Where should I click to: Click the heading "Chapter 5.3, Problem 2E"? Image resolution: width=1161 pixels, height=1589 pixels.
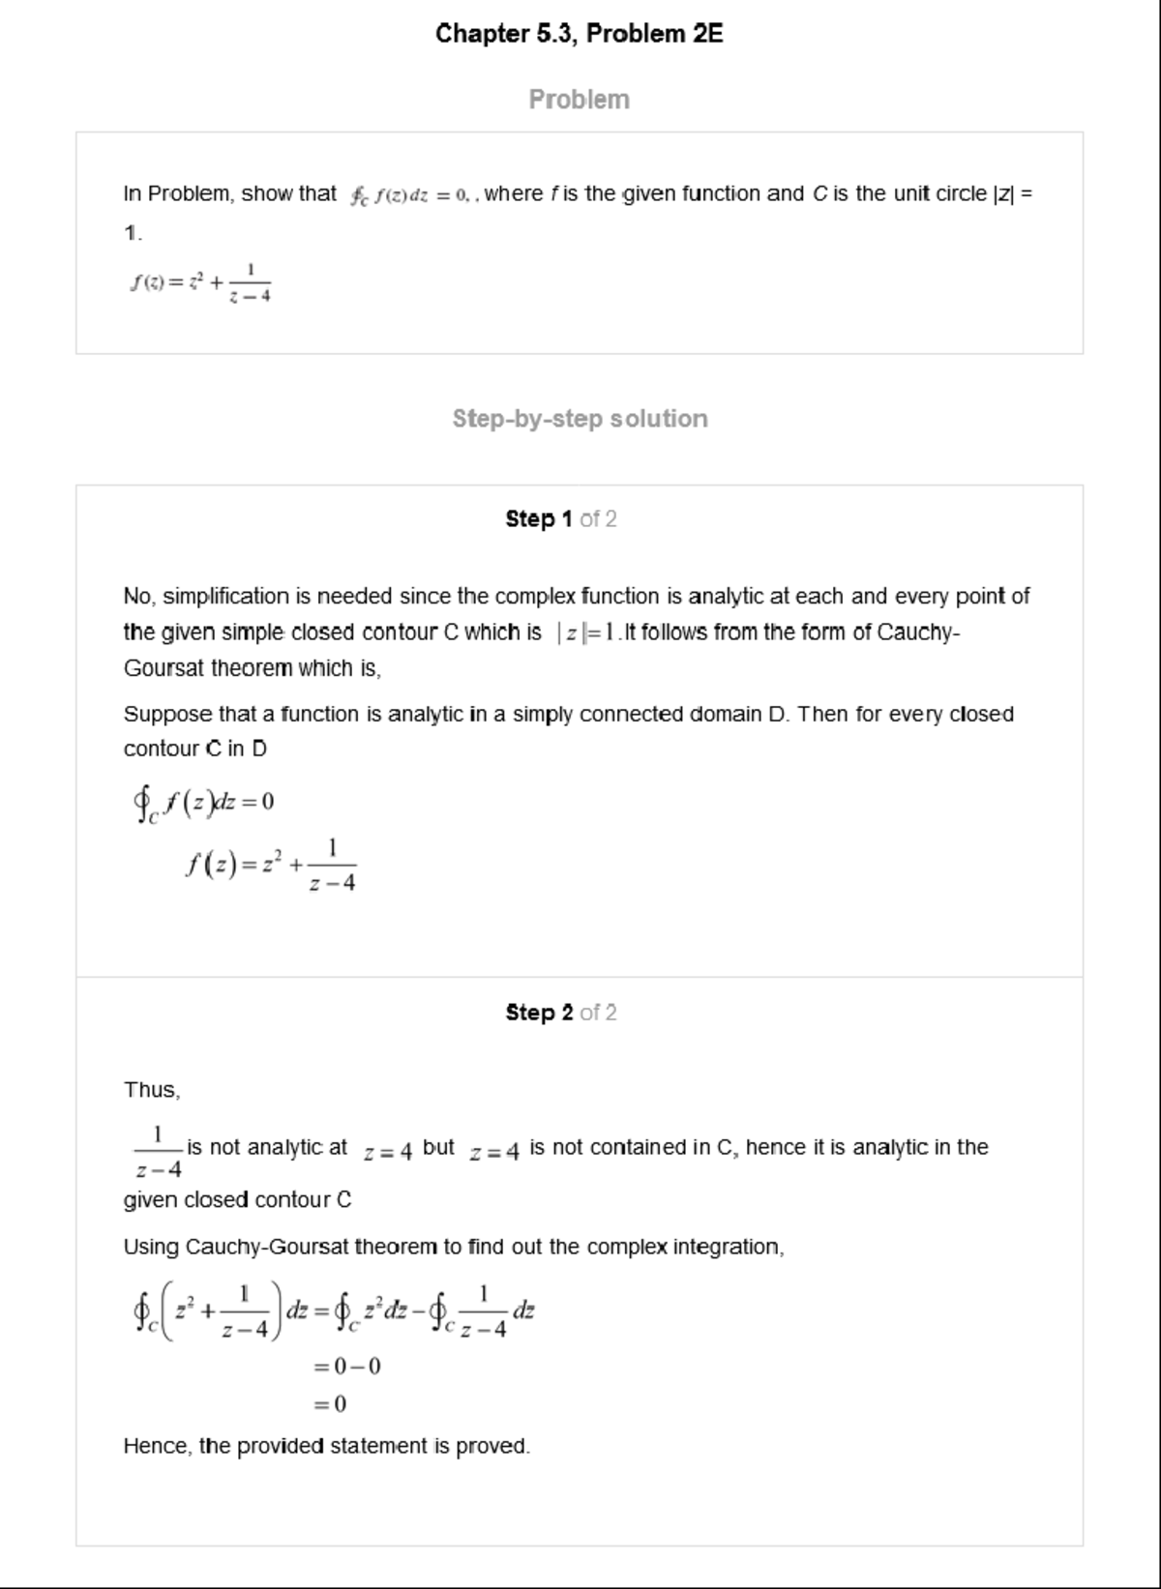pos(579,34)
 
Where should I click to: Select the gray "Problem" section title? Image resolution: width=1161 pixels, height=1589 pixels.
pos(579,100)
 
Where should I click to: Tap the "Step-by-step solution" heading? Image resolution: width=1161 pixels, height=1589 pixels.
pos(580,419)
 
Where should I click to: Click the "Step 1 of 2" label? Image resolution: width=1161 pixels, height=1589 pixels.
pos(560,519)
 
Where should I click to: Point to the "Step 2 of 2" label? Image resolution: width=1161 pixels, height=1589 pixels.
pos(560,1013)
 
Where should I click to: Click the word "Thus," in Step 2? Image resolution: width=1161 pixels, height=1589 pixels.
pos(152,1090)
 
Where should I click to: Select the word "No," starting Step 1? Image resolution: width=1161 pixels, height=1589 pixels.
pos(138,597)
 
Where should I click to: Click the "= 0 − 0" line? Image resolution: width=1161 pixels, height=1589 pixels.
pos(346,1367)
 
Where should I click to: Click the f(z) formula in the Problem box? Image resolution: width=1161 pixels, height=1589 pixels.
pos(200,281)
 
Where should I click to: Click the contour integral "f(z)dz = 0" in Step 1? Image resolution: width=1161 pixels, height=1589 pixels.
pos(204,803)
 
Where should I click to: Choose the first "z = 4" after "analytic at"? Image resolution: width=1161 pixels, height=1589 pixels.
pos(387,1151)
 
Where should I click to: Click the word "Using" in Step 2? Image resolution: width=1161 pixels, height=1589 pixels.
pos(150,1248)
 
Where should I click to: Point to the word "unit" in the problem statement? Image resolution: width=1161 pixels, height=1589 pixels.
pos(911,193)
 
